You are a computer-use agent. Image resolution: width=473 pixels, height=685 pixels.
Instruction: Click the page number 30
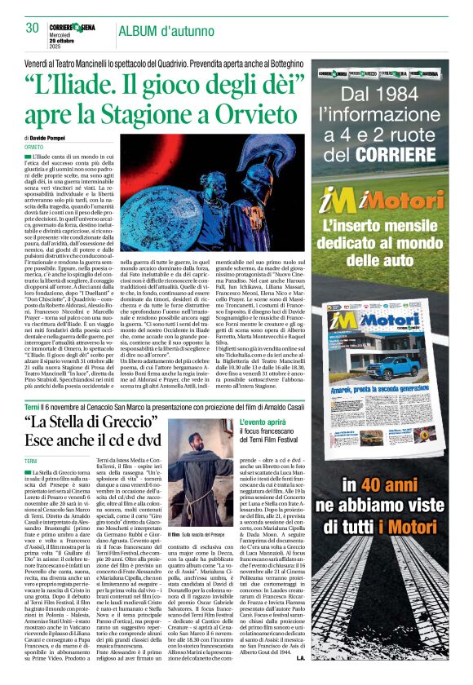[33, 27]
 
